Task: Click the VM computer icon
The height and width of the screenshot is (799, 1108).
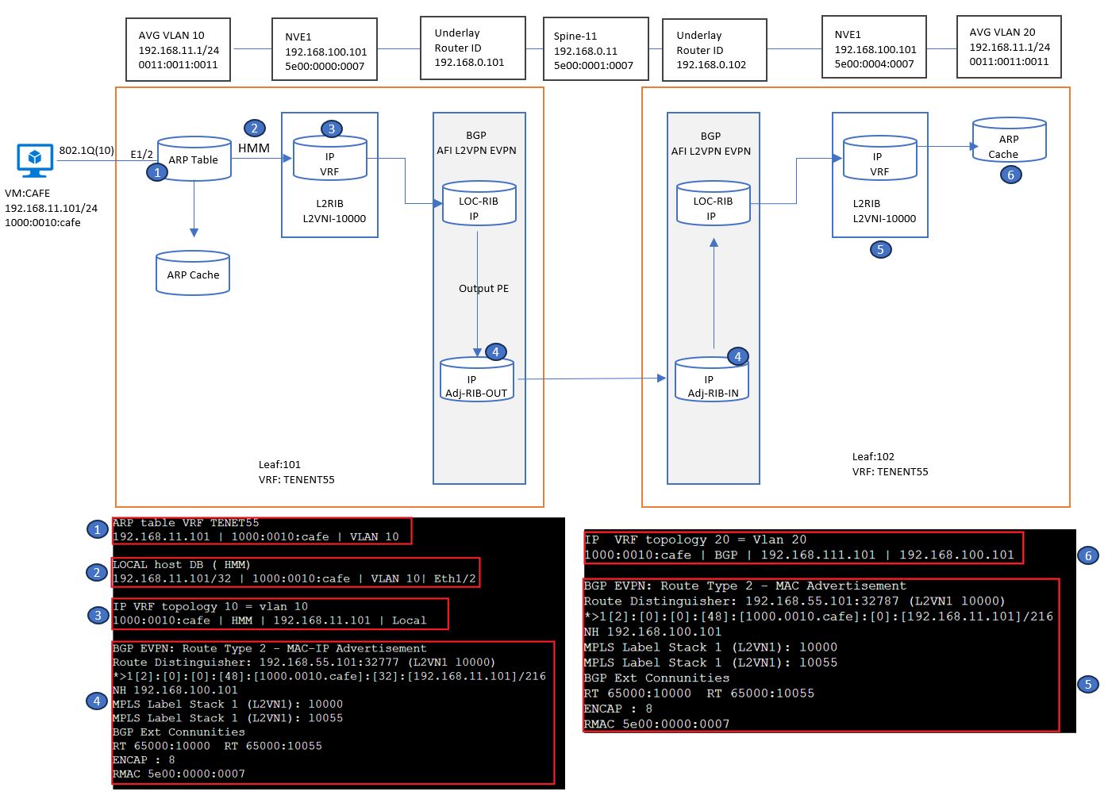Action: (35, 160)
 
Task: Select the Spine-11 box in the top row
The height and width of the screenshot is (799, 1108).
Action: (595, 49)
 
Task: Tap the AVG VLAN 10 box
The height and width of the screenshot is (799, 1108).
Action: (178, 49)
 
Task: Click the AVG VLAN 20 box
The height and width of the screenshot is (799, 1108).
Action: (1009, 47)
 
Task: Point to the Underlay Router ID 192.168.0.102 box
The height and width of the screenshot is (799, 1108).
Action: (714, 50)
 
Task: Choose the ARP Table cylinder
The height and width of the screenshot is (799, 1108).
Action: (194, 159)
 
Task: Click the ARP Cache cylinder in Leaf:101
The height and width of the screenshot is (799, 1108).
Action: (193, 273)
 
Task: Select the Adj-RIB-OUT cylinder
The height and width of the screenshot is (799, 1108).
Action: (477, 380)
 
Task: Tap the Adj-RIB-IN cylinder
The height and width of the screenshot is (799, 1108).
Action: (712, 380)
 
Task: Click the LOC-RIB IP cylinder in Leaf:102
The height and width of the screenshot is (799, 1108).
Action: (714, 204)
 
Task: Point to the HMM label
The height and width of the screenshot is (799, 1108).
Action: (254, 148)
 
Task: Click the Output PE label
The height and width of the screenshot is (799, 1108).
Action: (483, 288)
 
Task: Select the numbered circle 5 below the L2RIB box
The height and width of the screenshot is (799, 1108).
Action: (880, 249)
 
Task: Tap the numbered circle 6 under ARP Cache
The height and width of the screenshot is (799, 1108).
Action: (1010, 175)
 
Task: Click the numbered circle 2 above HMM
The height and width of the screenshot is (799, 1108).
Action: (254, 128)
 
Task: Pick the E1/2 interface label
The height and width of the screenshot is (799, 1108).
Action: (141, 154)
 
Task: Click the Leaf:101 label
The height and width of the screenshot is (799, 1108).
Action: (279, 464)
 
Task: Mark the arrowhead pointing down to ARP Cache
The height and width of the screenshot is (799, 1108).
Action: (194, 232)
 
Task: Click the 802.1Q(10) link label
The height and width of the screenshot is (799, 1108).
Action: (87, 150)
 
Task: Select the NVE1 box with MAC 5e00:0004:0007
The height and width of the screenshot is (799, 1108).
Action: (874, 47)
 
